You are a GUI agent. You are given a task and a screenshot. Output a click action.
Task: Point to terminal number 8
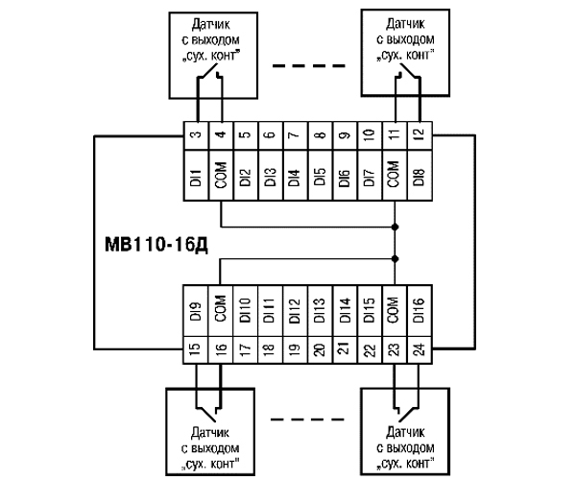(x=320, y=135)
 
